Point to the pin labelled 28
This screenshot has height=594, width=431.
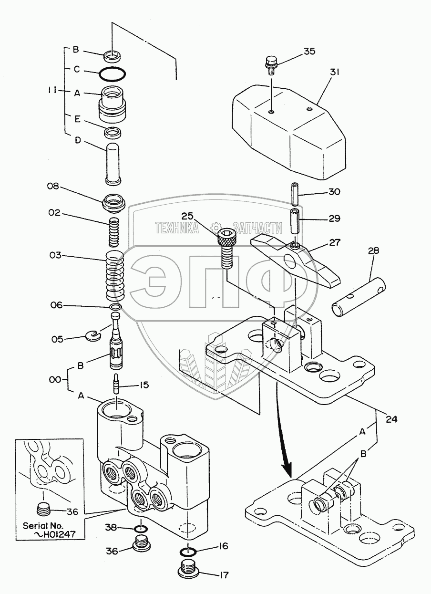click(359, 298)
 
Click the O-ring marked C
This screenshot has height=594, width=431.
click(113, 73)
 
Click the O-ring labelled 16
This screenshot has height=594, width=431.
click(189, 552)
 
